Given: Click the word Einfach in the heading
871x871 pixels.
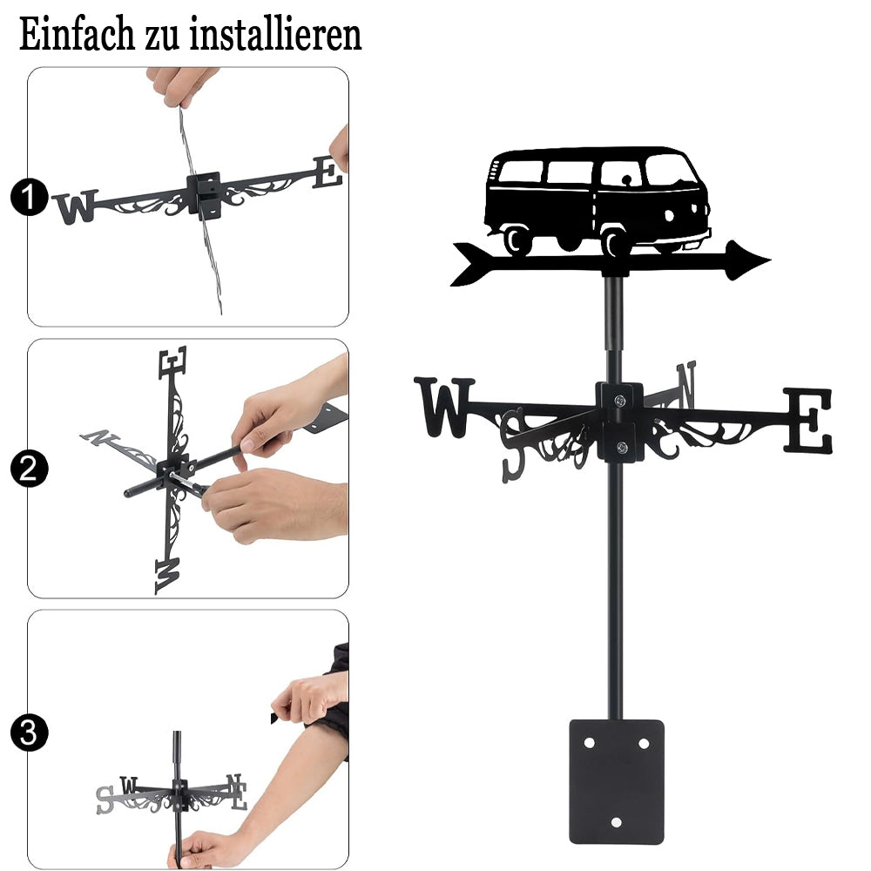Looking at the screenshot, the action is [77, 35].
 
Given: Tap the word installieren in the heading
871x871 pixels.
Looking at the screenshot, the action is [275, 35].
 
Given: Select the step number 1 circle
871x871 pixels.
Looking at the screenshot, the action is [29, 197].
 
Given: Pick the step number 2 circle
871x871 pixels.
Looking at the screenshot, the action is [29, 469].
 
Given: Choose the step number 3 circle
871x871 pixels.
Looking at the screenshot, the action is [29, 733].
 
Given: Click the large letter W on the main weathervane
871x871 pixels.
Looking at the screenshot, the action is [444, 407].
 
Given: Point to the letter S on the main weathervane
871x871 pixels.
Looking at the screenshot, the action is [513, 446].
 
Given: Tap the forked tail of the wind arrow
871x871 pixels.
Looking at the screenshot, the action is [471, 264].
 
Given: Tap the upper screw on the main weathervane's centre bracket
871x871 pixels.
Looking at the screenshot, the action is [620, 400].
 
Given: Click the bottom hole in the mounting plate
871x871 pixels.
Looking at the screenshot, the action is [616, 822].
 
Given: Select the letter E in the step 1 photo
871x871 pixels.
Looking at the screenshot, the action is [327, 172].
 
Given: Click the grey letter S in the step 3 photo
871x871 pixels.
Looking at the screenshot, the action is [105, 800].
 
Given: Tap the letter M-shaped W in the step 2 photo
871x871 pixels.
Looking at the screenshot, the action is [168, 577].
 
